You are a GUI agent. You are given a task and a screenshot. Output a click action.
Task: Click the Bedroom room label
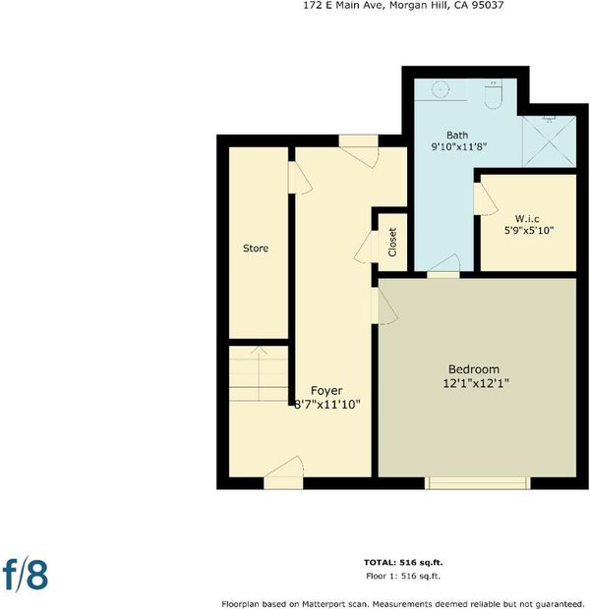tap(474, 369)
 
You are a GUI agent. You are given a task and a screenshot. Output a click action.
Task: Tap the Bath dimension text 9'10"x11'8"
tap(459, 146)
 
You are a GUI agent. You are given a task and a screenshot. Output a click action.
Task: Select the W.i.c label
tap(527, 218)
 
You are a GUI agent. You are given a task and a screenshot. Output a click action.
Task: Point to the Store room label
tap(256, 249)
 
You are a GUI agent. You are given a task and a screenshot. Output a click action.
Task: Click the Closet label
tap(392, 243)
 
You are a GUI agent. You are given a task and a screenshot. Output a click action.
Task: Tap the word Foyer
tap(326, 390)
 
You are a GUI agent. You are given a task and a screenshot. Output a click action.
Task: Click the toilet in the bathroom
tap(494, 94)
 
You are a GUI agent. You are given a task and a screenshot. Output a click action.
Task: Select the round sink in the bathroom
tap(441, 89)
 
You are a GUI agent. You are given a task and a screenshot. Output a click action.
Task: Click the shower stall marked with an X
tap(549, 141)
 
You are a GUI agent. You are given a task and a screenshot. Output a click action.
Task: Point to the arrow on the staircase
tap(259, 373)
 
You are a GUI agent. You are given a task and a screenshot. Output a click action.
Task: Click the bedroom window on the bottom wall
tap(477, 483)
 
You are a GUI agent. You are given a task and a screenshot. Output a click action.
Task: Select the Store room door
tap(300, 178)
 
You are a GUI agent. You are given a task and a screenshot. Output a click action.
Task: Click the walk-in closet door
tap(485, 198)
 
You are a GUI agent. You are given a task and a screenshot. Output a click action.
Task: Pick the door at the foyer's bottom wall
tap(283, 473)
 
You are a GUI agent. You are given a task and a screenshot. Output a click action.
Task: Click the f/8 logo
tap(26, 575)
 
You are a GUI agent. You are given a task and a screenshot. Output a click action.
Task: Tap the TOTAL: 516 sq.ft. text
tap(403, 562)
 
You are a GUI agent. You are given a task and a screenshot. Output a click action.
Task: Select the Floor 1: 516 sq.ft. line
tap(403, 576)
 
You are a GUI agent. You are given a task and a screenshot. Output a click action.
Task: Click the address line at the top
tap(403, 6)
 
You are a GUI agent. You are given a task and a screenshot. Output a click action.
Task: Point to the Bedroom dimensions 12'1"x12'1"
tap(476, 384)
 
